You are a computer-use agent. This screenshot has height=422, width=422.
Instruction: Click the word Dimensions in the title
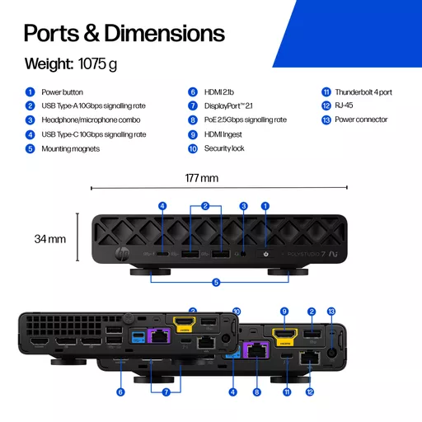(165, 33)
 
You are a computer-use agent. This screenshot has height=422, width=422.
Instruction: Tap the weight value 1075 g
(97, 64)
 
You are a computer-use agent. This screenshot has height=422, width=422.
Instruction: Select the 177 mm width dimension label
(202, 178)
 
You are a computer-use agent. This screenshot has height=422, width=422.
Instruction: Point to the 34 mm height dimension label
(50, 239)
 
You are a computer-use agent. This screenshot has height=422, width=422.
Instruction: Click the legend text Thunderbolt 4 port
(363, 92)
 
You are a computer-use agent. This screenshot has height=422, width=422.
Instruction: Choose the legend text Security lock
(224, 148)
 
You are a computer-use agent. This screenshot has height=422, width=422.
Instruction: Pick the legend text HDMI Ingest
(223, 134)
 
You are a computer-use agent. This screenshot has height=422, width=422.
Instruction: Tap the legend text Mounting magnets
(71, 148)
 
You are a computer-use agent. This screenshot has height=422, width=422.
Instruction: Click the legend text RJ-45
(344, 105)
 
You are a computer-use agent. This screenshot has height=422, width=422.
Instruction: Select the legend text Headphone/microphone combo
(91, 120)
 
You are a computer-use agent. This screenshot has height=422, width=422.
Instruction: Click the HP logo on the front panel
(122, 254)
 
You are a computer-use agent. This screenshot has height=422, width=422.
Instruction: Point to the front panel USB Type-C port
(162, 254)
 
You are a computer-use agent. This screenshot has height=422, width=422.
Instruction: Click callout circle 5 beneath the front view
(216, 283)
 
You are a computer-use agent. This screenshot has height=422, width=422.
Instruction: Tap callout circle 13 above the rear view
(331, 312)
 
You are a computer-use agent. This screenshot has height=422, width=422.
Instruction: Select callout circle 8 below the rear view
(257, 392)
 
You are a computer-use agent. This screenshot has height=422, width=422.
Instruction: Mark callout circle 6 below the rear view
(120, 392)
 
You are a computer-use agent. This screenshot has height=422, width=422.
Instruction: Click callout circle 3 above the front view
(243, 206)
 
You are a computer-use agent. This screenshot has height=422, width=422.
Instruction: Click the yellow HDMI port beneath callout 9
(285, 336)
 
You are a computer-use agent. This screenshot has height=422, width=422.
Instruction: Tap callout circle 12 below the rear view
(310, 392)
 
